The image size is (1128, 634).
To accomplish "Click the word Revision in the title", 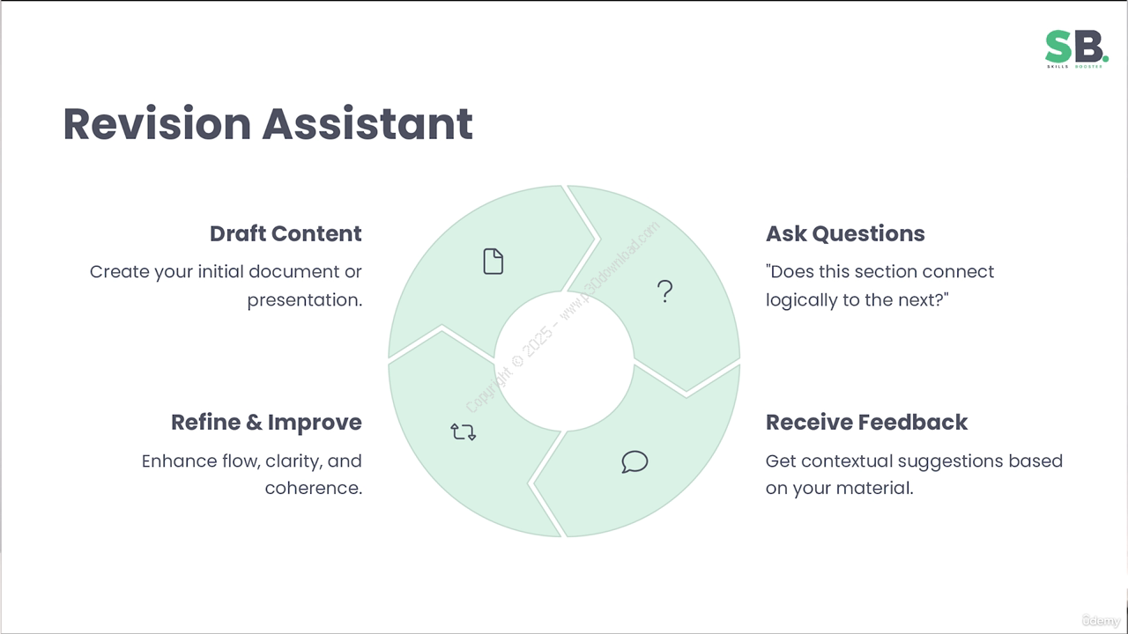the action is [157, 124].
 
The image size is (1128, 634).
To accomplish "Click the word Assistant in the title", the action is [367, 124].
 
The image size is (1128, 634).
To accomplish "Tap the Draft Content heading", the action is [286, 233].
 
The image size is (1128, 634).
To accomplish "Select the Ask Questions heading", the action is [845, 233].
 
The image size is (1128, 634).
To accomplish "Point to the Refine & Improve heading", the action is [266, 422].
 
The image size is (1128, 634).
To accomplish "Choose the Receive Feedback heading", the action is [866, 422].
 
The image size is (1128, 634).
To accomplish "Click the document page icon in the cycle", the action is [493, 262].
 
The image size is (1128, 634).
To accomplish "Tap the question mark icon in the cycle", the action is [664, 291].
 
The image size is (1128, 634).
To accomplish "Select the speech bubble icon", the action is [634, 461].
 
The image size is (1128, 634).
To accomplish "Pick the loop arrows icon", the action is [464, 431].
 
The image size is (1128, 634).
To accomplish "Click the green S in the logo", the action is [1058, 47].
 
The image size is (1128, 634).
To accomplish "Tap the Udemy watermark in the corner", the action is [1102, 621].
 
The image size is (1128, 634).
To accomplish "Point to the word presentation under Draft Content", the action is [305, 300].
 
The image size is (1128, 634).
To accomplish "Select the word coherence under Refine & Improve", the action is [313, 488].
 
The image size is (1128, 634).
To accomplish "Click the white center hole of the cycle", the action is [564, 361].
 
